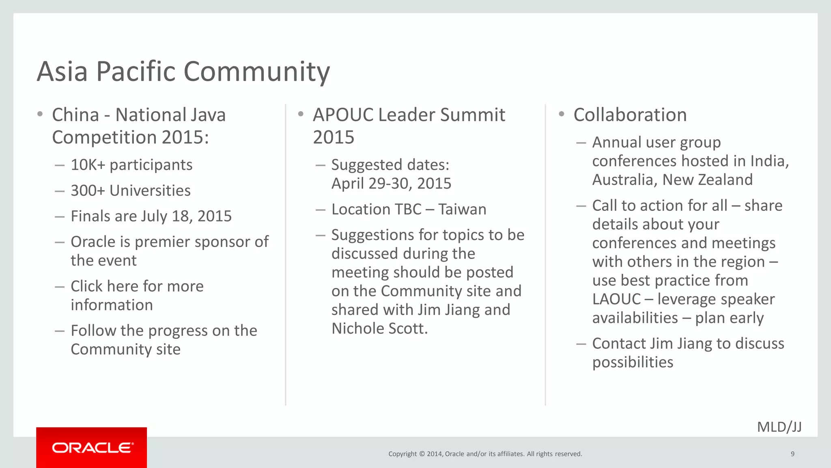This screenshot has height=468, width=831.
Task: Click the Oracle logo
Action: (92, 448)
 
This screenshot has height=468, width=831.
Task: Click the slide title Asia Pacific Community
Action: (183, 71)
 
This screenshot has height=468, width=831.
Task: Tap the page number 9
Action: (792, 454)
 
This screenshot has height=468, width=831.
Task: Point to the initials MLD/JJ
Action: (779, 427)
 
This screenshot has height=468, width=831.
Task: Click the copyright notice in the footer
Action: (485, 454)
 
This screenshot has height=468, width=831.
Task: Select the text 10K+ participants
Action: (131, 165)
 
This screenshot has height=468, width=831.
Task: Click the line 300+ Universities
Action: (130, 191)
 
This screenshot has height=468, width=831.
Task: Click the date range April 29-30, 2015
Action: (391, 184)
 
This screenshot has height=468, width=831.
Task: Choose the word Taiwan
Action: (462, 210)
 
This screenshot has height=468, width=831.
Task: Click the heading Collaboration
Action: (630, 115)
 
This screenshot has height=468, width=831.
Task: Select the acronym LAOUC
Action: (616, 299)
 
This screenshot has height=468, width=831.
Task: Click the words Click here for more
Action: (137, 286)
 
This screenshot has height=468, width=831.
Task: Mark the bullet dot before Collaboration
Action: (562, 114)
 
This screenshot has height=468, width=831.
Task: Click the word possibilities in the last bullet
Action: (633, 362)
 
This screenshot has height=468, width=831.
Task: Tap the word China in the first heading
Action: (75, 115)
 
